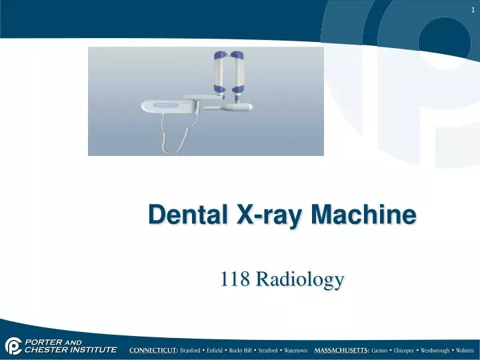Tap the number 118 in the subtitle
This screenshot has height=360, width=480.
click(x=234, y=279)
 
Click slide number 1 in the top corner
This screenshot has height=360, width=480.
click(x=472, y=8)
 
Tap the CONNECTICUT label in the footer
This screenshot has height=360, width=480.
click(x=154, y=350)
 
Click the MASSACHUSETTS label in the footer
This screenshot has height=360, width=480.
click(x=342, y=350)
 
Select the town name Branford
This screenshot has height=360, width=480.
click(x=192, y=350)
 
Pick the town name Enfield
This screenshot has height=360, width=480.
click(x=216, y=350)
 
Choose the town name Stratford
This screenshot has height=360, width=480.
click(x=267, y=350)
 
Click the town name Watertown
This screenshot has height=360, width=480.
click(x=295, y=350)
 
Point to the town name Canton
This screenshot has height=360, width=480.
click(x=381, y=350)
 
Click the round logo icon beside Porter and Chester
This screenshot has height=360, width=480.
click(x=13, y=345)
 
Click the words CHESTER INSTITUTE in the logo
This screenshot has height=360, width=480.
click(x=71, y=349)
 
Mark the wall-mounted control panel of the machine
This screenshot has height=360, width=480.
click(x=167, y=105)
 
